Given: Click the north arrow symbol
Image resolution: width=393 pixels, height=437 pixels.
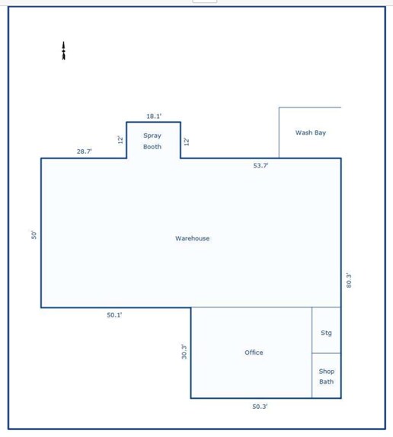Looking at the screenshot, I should point(64,51).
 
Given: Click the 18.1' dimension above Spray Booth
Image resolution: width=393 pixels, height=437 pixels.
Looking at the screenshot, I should point(153,116).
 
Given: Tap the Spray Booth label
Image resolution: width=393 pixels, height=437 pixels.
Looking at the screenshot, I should point(152,141).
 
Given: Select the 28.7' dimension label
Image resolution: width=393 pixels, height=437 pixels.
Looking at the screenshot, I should point(85,152).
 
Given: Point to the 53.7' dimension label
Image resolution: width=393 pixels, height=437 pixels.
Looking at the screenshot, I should point(260,165).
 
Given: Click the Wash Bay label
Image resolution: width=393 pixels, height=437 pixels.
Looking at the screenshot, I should point(310,132).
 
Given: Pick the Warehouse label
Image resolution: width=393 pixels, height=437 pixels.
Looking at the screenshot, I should point(192,238).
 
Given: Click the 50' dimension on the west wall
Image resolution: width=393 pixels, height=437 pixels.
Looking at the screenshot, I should point(34,235).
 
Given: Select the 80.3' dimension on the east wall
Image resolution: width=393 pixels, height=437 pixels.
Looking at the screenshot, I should point(349,280).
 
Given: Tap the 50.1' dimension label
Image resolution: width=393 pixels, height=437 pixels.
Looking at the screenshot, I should point(115,314).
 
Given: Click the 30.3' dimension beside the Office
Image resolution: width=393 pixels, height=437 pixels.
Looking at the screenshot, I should point(184,352).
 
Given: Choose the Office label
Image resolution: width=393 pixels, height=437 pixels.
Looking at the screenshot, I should point(254,352).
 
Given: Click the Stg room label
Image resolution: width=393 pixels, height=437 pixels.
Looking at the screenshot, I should point(326,333).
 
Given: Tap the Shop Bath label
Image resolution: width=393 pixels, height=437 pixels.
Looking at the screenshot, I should point(326,376).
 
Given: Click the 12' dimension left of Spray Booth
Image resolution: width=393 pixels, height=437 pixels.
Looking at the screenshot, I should point(120,139).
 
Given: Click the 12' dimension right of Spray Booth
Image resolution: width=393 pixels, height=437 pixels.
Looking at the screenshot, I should point(187,141).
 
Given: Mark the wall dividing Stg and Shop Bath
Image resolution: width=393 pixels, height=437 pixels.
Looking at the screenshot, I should point(326,353).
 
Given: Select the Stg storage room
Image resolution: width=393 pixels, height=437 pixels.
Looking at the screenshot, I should point(326,324).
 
